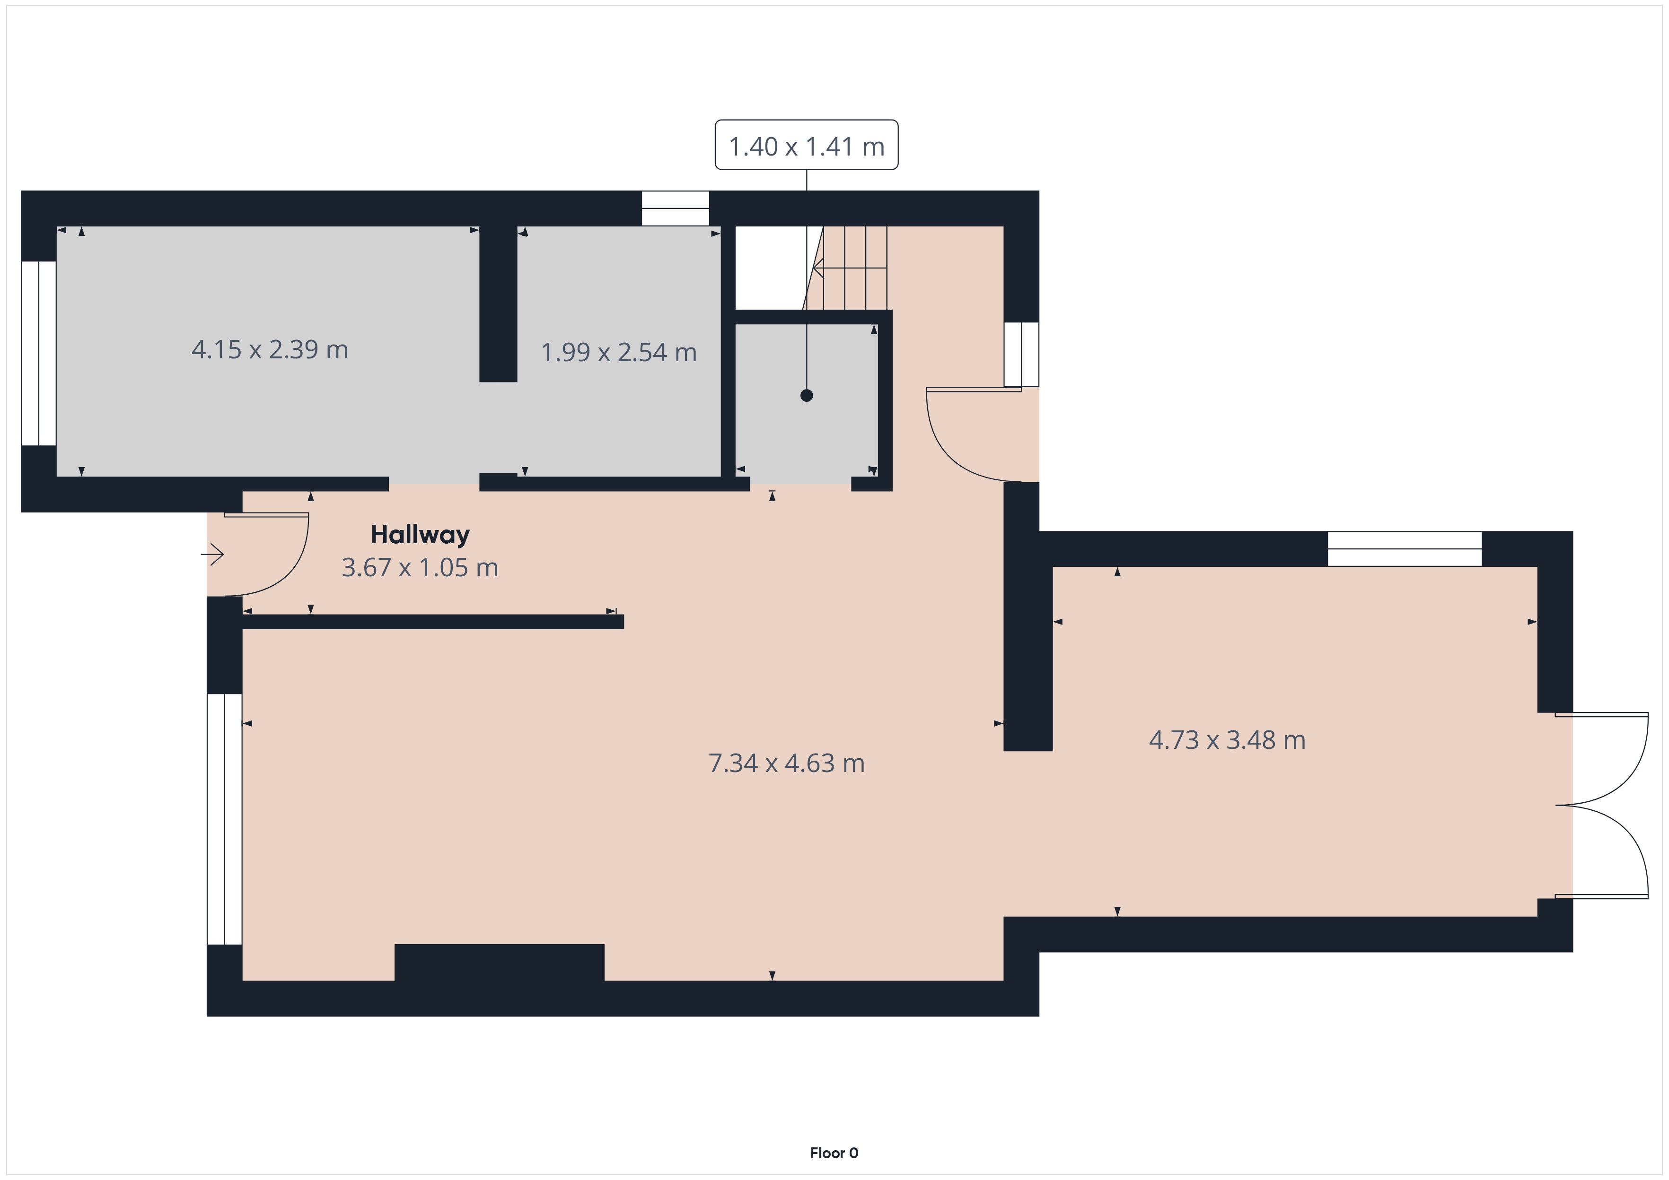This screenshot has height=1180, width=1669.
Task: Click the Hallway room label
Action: [420, 535]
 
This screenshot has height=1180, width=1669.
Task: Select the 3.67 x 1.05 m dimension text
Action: [420, 567]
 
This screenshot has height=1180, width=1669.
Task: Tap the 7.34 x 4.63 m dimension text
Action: [787, 763]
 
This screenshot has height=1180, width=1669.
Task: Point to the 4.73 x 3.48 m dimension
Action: [1227, 740]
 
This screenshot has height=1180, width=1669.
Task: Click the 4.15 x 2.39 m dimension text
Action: [270, 349]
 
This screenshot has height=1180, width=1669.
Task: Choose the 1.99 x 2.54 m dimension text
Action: [619, 352]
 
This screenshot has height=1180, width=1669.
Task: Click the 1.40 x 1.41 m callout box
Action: [806, 145]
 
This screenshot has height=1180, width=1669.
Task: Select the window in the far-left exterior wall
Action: [38, 353]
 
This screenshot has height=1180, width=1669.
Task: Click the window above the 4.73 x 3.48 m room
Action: [1405, 548]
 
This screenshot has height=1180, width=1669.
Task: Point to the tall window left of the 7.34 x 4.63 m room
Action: [225, 819]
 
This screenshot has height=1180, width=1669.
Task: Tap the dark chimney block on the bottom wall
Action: [500, 963]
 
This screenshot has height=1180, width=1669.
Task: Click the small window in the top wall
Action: [675, 208]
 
